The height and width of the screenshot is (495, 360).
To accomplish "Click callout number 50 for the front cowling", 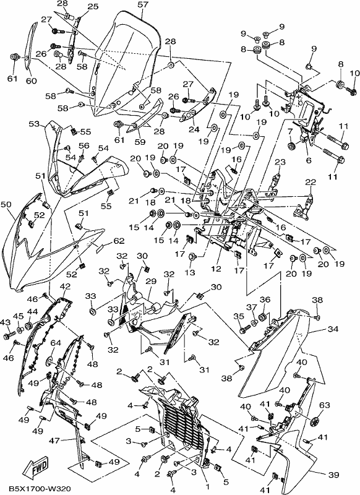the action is (x=6, y=205).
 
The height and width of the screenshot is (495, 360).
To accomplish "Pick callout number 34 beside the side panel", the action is (x=333, y=329).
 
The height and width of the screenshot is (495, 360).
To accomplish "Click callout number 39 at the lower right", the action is (x=333, y=475).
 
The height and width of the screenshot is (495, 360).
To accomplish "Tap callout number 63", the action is (x=325, y=405).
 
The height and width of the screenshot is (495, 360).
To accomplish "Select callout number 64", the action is (x=56, y=343).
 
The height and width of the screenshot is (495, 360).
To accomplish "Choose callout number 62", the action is (x=119, y=241).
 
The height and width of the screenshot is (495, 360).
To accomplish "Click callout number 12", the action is (x=216, y=269).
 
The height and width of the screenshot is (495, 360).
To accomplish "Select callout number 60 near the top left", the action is (x=31, y=81).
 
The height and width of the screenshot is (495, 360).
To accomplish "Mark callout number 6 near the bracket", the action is (x=309, y=160).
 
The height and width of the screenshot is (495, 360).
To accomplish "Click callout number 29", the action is (x=151, y=281).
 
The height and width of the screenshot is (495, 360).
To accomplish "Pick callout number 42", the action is (x=66, y=286).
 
